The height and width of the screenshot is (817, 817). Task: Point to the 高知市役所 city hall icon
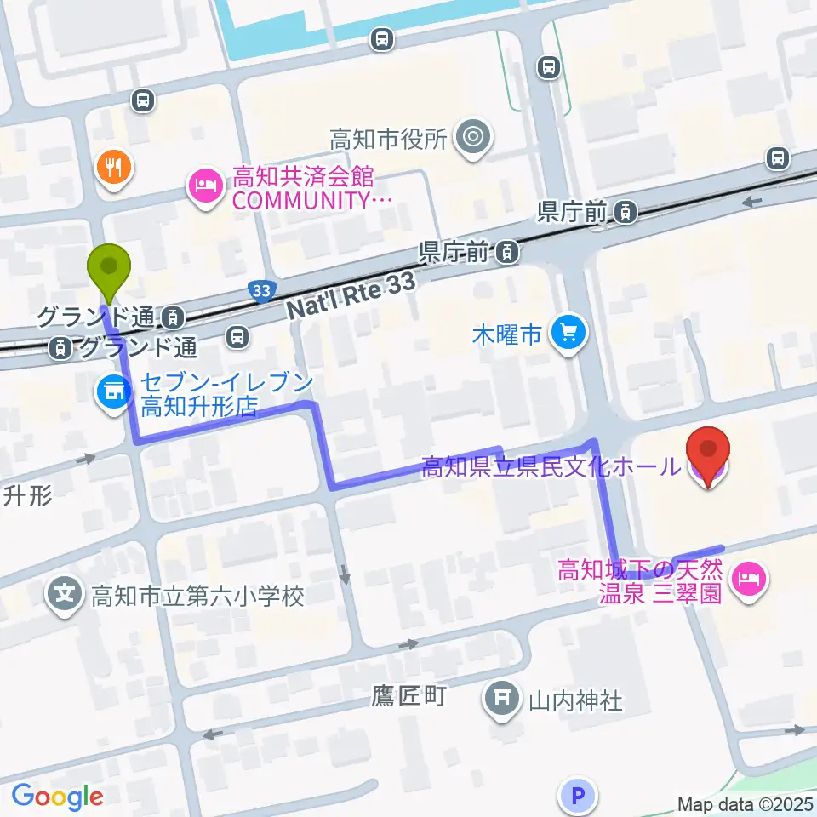click(x=471, y=137)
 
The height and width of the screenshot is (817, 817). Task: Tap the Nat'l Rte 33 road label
click(x=352, y=296)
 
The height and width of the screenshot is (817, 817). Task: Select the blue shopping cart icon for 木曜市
click(x=568, y=333)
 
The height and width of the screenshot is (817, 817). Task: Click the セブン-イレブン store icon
click(x=112, y=391)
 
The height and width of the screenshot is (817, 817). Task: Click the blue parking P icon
click(x=578, y=796)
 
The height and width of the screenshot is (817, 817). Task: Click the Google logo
click(x=57, y=797)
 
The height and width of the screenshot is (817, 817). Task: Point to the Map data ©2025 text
click(x=746, y=803)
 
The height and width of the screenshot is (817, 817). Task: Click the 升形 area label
click(x=28, y=495)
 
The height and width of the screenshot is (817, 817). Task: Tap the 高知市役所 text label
click(x=388, y=139)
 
